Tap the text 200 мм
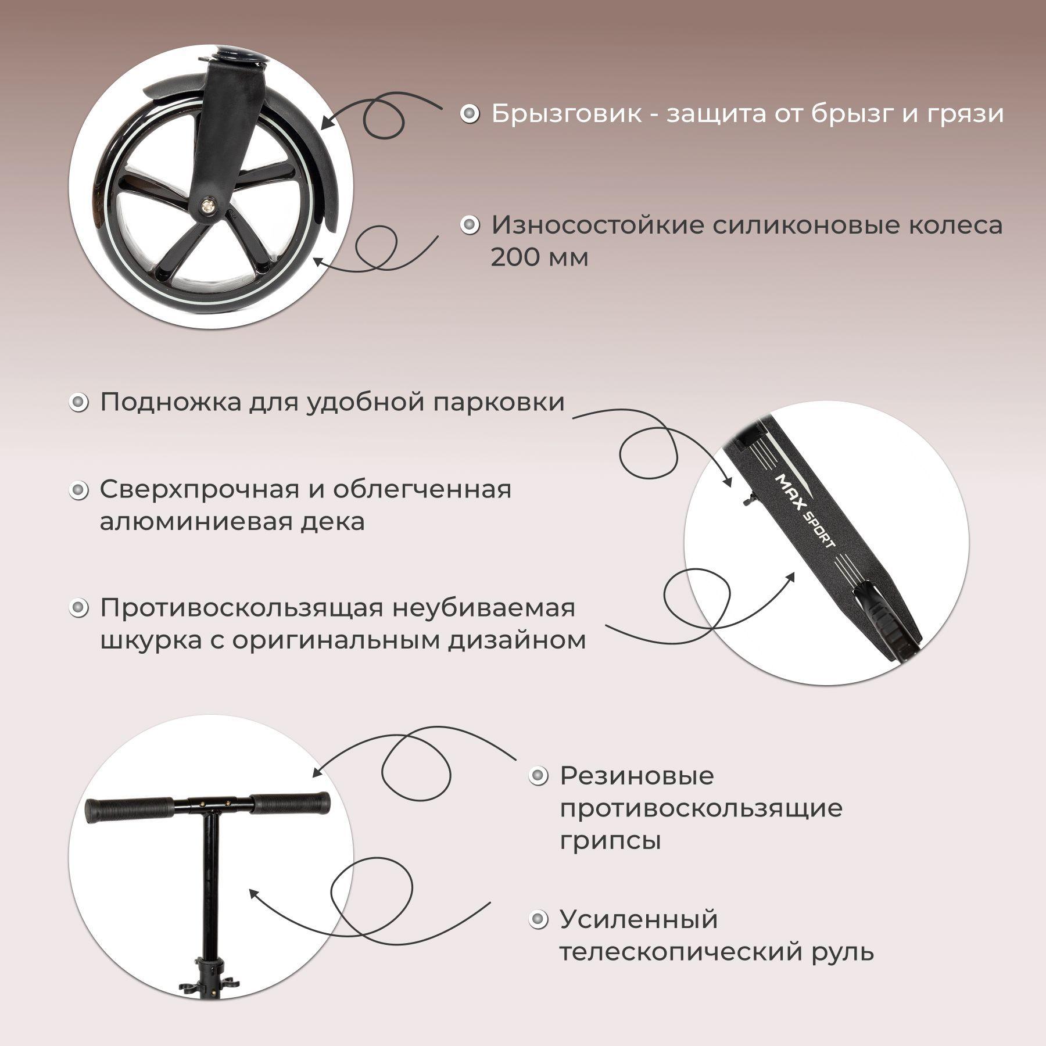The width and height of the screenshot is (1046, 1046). click(x=539, y=257)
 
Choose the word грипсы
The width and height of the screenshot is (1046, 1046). click(x=610, y=841)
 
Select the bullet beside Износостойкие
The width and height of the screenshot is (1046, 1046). click(x=470, y=225)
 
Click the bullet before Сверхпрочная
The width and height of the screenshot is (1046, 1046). click(x=78, y=490)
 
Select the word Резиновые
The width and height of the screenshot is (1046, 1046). click(x=636, y=776)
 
